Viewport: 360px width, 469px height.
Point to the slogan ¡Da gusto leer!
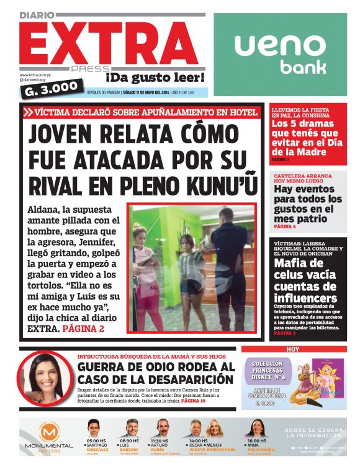coord(155,78)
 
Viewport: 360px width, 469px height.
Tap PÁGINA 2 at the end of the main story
coord(84,328)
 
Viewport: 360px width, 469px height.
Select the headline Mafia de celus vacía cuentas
coord(305,280)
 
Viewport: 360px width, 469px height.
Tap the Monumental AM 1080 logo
coord(49,437)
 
